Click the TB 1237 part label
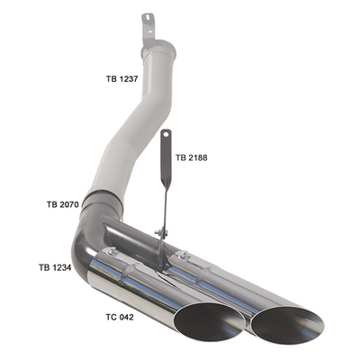121,79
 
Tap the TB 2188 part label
192,157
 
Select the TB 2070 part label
63,204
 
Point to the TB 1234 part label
55,267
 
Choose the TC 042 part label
120,317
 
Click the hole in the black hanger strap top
166,134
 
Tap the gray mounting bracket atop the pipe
148,29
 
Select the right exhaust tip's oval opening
288,325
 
